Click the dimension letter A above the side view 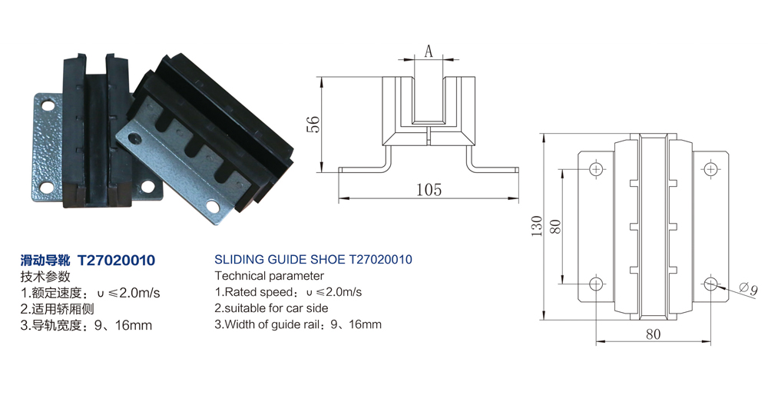coord(429,51)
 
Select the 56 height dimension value coord(313,124)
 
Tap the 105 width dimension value coord(428,189)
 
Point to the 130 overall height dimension coord(537,225)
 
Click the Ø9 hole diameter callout coord(748,290)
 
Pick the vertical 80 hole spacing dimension coord(556,226)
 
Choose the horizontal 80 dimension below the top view coord(652,334)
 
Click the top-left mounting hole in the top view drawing coord(597,169)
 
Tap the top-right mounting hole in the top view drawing coord(710,169)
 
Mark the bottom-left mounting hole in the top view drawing coord(597,284)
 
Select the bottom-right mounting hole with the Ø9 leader coord(710,284)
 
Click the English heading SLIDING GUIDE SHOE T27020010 coord(313,260)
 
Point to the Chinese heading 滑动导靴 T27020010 coord(88,261)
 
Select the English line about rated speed coord(288,292)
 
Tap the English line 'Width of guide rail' coord(298,324)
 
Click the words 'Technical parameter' coord(270,276)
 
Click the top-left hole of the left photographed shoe coord(48,105)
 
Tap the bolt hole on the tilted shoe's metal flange coord(135,139)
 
